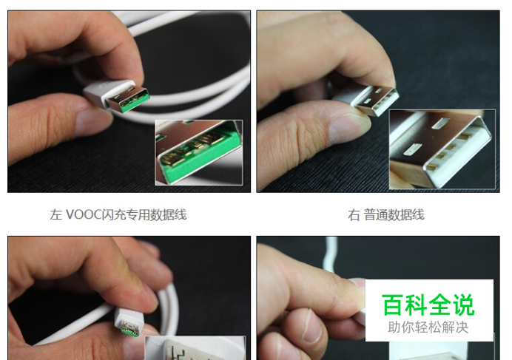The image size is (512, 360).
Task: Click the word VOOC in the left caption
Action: point(84,215)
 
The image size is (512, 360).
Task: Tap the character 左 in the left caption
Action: point(56,215)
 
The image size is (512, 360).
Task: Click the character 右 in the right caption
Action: point(354,215)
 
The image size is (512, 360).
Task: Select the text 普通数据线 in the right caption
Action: point(394,215)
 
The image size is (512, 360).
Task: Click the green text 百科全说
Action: point(428,305)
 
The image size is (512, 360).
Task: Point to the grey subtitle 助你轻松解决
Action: point(428,327)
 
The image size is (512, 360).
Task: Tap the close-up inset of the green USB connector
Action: point(198,152)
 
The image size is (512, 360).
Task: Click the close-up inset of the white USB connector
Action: point(442,149)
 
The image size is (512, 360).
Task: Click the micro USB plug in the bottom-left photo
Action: point(128,322)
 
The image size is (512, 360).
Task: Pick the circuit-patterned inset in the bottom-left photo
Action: point(195,348)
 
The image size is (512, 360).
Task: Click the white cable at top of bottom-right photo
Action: point(331,257)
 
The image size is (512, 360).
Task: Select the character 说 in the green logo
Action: point(463,305)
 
